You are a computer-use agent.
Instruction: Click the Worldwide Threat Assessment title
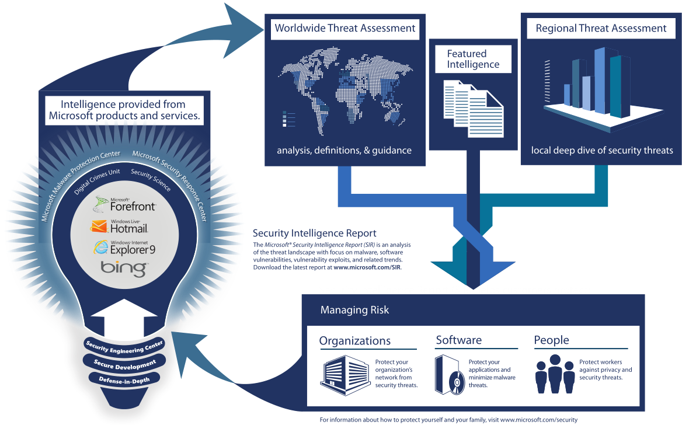coord(345,28)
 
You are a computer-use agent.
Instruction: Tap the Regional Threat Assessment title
coord(601,28)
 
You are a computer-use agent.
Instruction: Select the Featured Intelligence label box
coord(473,59)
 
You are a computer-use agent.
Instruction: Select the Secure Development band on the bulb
coord(124,363)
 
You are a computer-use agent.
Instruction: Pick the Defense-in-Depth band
coord(124,380)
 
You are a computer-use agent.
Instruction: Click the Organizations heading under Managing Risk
coord(355,341)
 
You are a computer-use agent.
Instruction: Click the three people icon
coord(555,374)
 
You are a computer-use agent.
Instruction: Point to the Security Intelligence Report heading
coord(315,233)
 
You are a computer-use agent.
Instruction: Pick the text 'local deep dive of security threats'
coord(602,151)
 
